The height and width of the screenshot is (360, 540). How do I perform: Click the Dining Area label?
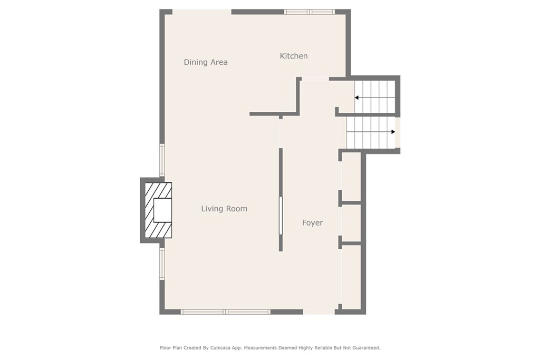[206, 62]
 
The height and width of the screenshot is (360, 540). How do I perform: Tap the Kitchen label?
[294, 56]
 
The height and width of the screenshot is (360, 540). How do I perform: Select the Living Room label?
[224, 209]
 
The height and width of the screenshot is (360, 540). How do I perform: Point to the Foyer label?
[312, 223]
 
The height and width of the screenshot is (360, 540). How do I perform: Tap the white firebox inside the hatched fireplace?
[162, 210]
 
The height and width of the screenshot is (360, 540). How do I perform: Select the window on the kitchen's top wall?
[309, 12]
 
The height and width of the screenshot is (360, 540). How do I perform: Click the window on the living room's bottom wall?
[226, 312]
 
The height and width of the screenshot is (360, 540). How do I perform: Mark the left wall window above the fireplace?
[162, 160]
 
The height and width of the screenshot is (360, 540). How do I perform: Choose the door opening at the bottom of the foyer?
[319, 312]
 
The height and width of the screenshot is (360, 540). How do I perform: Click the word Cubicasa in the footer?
[213, 348]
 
